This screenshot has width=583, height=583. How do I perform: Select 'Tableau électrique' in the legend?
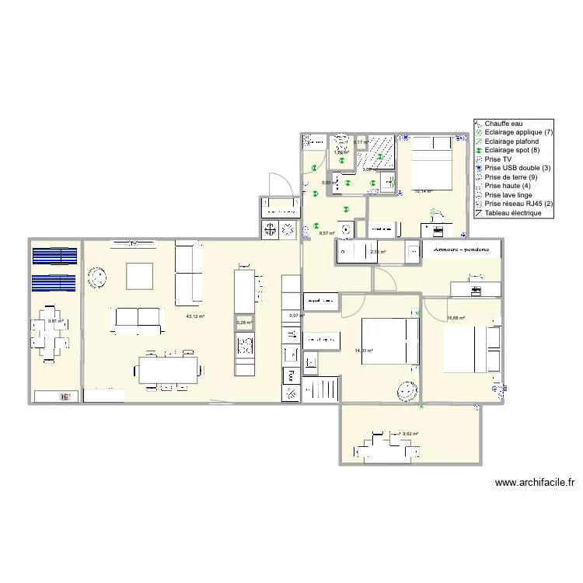[x=511, y=213]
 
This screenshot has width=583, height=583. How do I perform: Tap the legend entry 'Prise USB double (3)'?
[x=517, y=168]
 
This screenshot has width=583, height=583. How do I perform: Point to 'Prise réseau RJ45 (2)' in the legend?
[x=518, y=204]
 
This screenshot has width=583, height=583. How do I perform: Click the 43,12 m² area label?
[x=195, y=316]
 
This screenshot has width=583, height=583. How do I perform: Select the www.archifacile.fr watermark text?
[x=533, y=482]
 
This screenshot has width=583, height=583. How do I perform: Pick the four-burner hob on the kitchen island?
[x=246, y=344]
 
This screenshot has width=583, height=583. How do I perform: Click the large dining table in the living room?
[x=168, y=368]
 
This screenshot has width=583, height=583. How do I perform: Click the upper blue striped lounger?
[x=54, y=256]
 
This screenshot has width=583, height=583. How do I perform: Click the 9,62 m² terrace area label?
[x=410, y=435]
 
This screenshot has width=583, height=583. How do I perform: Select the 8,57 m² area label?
[x=326, y=232]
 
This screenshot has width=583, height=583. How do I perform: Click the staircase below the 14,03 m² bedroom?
[x=320, y=389]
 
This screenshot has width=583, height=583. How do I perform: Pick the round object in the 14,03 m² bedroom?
[x=406, y=391]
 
